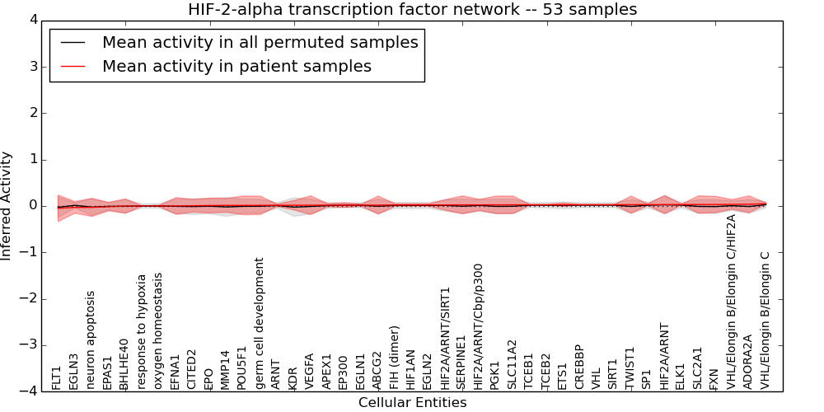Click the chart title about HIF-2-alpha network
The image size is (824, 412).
412,9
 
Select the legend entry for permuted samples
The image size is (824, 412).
260,42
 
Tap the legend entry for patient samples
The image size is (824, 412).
236,66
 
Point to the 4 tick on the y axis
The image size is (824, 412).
34,21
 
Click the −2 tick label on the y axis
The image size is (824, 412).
30,299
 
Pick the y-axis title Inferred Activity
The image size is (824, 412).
7,206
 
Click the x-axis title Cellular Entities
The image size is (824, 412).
413,403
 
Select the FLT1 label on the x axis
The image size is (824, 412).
57,378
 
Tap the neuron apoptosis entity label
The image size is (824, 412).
91,340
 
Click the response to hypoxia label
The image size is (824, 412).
141,332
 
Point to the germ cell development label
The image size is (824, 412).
259,324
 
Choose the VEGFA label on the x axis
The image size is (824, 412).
309,372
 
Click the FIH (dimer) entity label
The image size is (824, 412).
394,358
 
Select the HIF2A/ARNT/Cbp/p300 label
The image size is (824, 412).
478,327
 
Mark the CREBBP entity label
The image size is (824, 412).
578,368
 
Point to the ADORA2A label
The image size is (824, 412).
748,363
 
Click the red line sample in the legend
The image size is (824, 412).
73,66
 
